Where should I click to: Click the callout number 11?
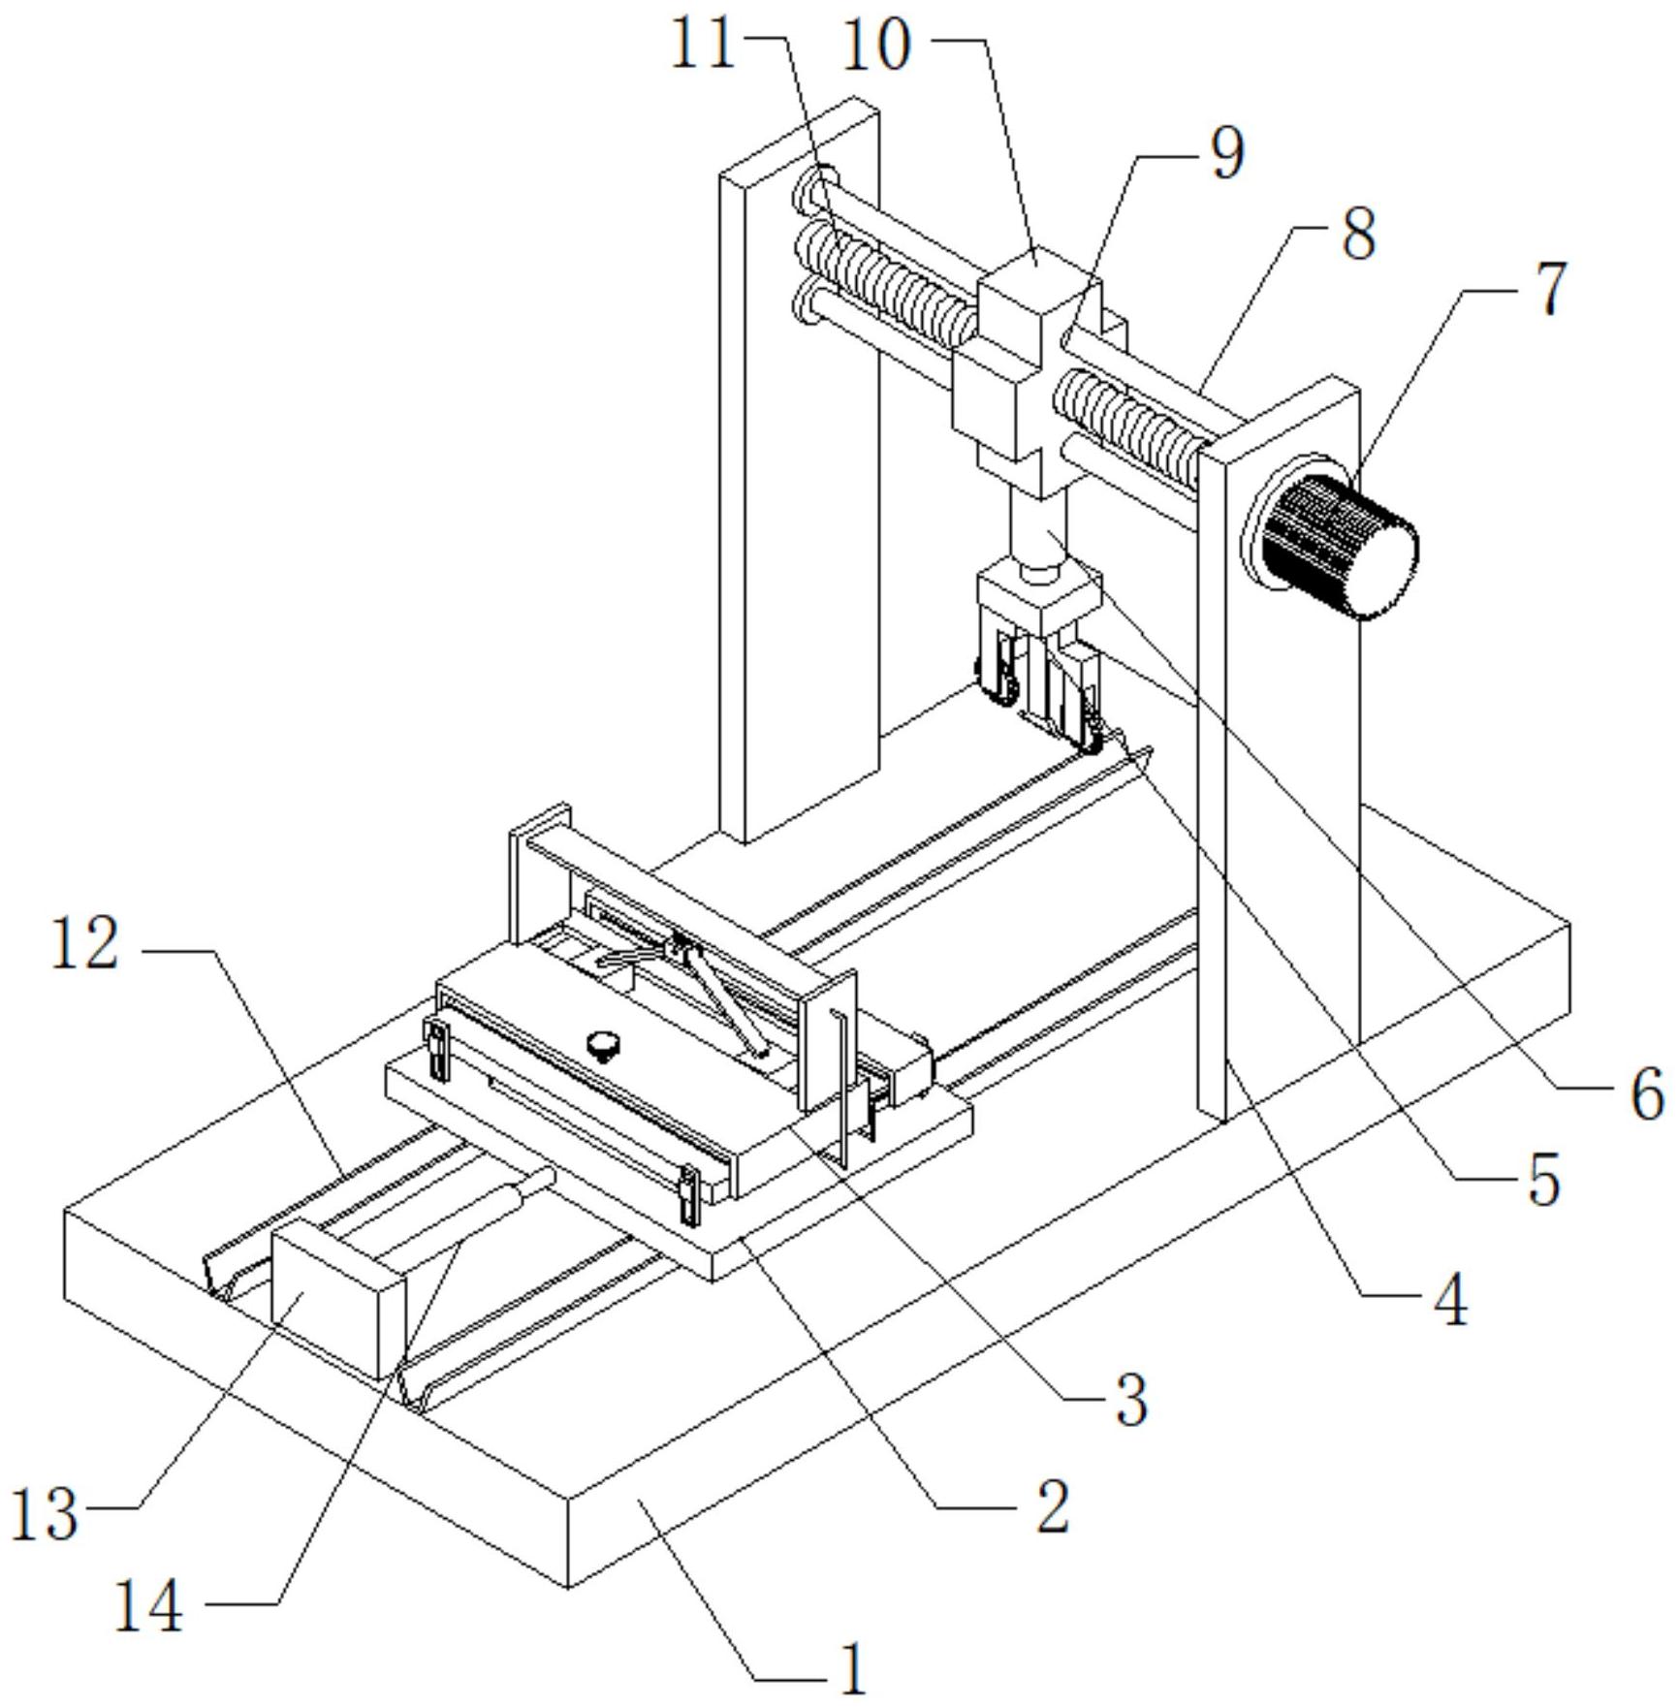click(704, 46)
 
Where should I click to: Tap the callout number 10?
click(877, 46)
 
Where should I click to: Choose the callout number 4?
click(1451, 1301)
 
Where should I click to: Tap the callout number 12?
click(85, 945)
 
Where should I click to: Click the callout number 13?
click(45, 1516)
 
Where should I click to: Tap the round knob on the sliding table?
click(605, 1045)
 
